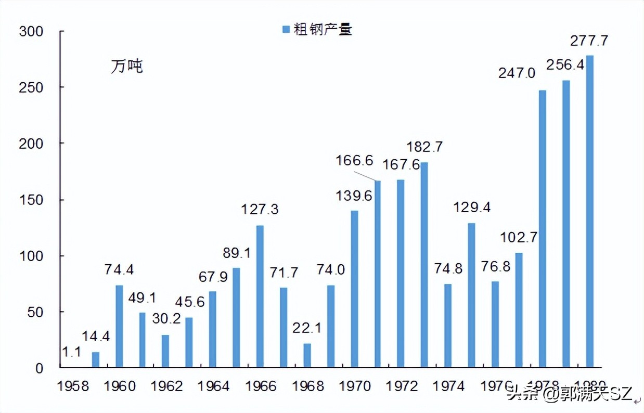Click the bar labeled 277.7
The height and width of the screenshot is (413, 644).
pos(589,211)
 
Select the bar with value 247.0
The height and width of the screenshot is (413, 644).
pos(542,229)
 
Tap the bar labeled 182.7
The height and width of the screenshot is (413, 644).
pos(424,265)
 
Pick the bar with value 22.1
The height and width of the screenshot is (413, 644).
pos(307,355)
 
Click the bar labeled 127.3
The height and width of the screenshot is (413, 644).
pos(260,296)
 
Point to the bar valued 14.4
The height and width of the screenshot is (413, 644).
pos(95,359)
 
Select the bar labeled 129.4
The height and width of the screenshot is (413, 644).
pos(471,295)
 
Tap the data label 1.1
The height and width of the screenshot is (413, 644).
pos(71,352)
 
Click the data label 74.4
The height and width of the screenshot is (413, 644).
pos(119,269)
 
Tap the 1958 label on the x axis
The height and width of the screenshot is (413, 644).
pos(73,386)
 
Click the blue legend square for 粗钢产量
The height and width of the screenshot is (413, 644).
pos(285,30)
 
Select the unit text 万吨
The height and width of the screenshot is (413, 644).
pos(126,67)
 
